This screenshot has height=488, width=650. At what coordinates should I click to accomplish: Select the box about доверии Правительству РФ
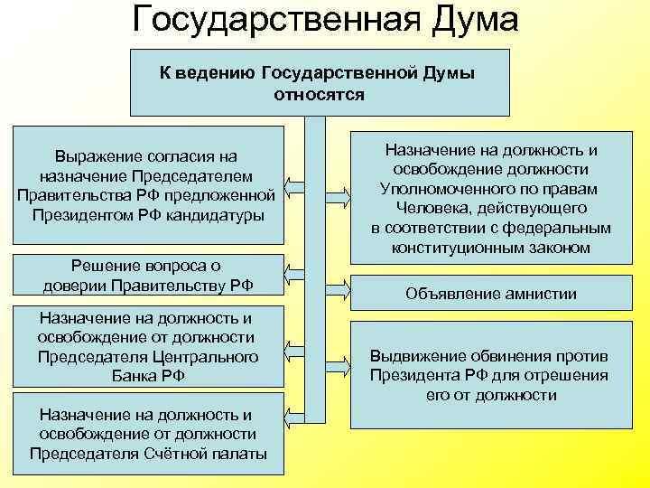click(x=147, y=275)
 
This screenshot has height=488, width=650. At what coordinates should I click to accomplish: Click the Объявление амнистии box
click(x=491, y=294)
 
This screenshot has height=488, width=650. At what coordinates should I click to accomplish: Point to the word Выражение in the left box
click(x=97, y=156)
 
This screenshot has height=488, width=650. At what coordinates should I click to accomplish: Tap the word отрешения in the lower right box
click(x=573, y=375)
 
